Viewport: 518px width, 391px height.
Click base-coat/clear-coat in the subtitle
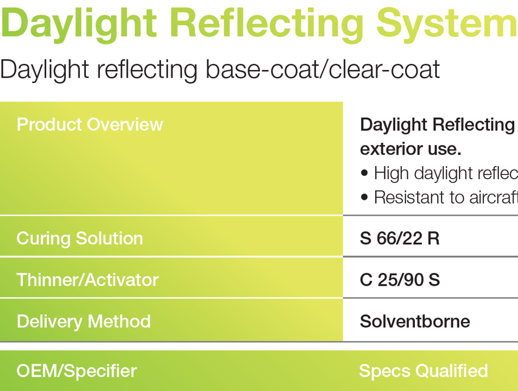[323, 70]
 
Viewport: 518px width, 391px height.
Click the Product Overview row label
[90, 124]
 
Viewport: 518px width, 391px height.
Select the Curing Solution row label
[80, 238]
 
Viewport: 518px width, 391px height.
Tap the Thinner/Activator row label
[87, 280]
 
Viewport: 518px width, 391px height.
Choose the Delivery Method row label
[84, 321]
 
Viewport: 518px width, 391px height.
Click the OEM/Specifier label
[77, 371]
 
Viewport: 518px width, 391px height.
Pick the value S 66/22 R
[400, 238]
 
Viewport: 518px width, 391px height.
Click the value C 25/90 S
[400, 280]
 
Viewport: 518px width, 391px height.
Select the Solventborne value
[415, 321]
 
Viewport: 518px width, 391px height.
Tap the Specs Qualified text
[423, 371]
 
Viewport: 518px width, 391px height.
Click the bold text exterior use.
[410, 148]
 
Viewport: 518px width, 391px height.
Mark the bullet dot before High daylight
[364, 173]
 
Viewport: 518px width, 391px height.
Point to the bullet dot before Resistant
[364, 197]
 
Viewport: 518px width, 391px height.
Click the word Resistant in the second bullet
[408, 197]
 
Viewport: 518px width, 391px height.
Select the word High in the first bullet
[390, 173]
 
